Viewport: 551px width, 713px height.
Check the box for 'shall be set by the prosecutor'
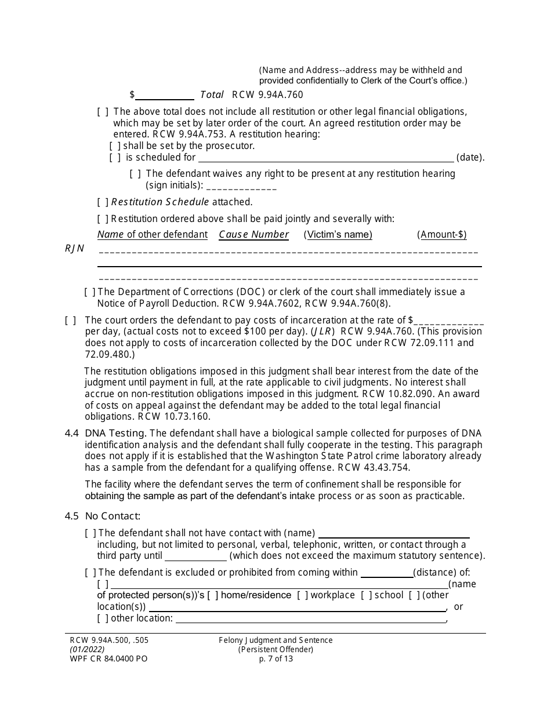[115, 146]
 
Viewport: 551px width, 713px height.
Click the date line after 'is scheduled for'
[326, 158]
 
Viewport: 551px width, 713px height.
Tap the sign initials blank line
[241, 187]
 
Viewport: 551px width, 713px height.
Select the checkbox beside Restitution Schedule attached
[103, 202]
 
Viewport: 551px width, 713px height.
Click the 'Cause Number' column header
[253, 235]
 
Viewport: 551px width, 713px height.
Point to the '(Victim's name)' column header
[338, 235]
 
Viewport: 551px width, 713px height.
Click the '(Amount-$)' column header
[441, 235]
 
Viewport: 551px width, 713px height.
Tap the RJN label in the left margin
[74, 249]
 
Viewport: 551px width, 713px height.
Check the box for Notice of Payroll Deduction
[90, 292]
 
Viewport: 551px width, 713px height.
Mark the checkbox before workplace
[303, 595]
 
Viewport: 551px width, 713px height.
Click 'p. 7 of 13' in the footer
[275, 659]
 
